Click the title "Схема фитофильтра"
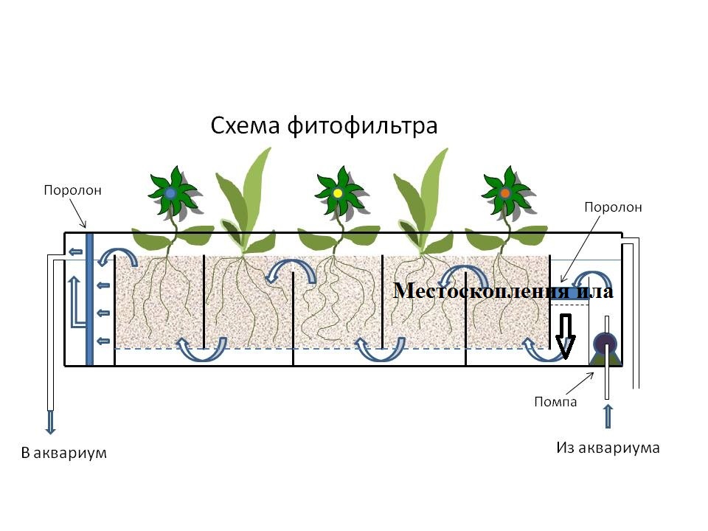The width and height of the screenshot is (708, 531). point(324,125)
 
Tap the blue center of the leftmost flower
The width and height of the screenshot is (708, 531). point(170,192)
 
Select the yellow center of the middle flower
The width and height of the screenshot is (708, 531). point(338,193)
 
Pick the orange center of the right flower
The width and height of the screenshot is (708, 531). point(505,193)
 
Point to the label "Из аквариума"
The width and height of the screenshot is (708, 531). point(607,448)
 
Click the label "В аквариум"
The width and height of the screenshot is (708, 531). point(64,452)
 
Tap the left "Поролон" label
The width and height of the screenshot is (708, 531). point(72,190)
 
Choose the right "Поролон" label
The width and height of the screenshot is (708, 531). point(613,207)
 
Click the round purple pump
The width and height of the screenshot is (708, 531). point(605,341)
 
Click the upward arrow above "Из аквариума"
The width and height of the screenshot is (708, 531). point(607,415)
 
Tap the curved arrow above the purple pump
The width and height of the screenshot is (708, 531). point(595,280)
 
